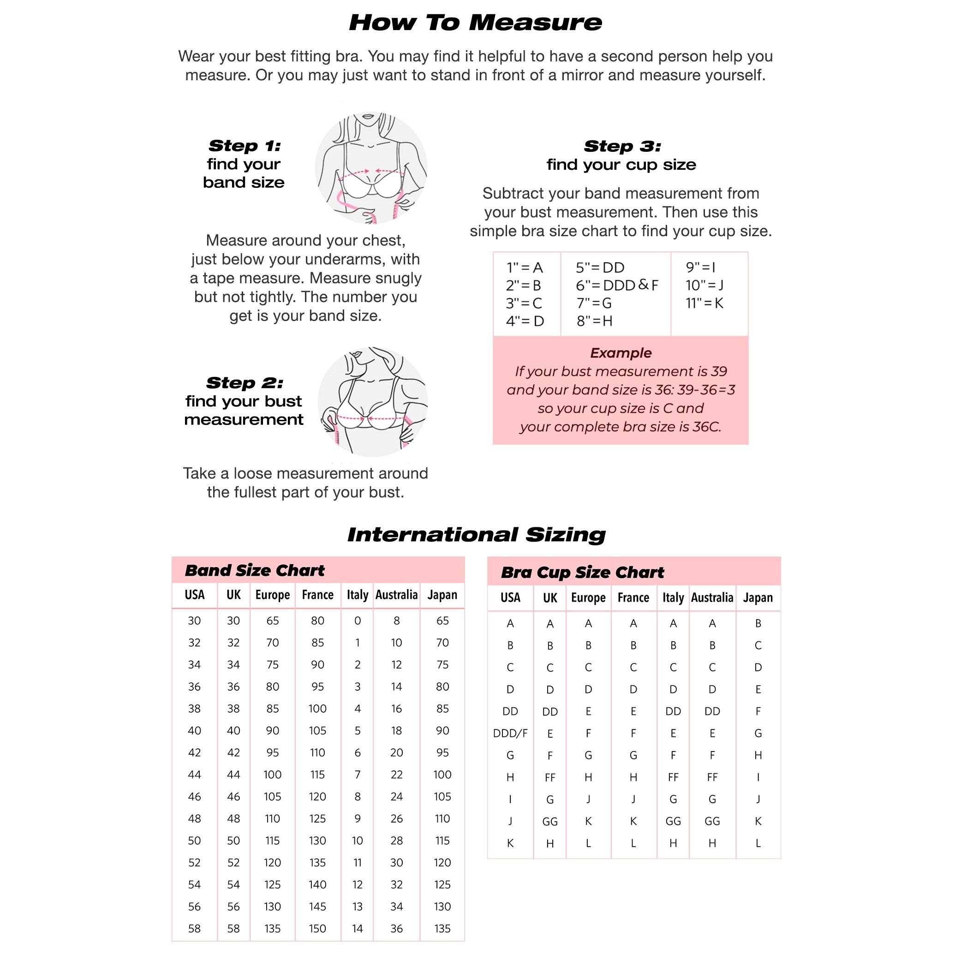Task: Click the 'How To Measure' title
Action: [476, 23]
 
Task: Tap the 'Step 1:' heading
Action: [244, 146]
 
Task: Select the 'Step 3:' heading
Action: [622, 146]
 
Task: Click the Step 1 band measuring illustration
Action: [371, 168]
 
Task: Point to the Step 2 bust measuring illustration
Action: [373, 401]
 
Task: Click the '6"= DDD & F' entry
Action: [616, 285]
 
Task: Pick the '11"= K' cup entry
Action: [704, 303]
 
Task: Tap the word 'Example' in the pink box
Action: [621, 353]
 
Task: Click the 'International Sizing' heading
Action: [476, 534]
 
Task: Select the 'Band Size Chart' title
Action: [255, 570]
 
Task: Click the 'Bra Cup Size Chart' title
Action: [582, 573]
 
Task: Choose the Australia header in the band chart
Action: [396, 595]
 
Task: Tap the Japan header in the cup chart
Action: [758, 597]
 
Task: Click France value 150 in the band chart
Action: [317, 929]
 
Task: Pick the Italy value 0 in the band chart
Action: [358, 621]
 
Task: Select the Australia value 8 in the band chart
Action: [396, 621]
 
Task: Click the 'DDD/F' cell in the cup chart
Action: [510, 733]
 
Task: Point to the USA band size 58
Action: [194, 929]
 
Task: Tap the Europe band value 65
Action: [272, 621]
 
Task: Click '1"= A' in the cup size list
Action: [525, 268]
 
